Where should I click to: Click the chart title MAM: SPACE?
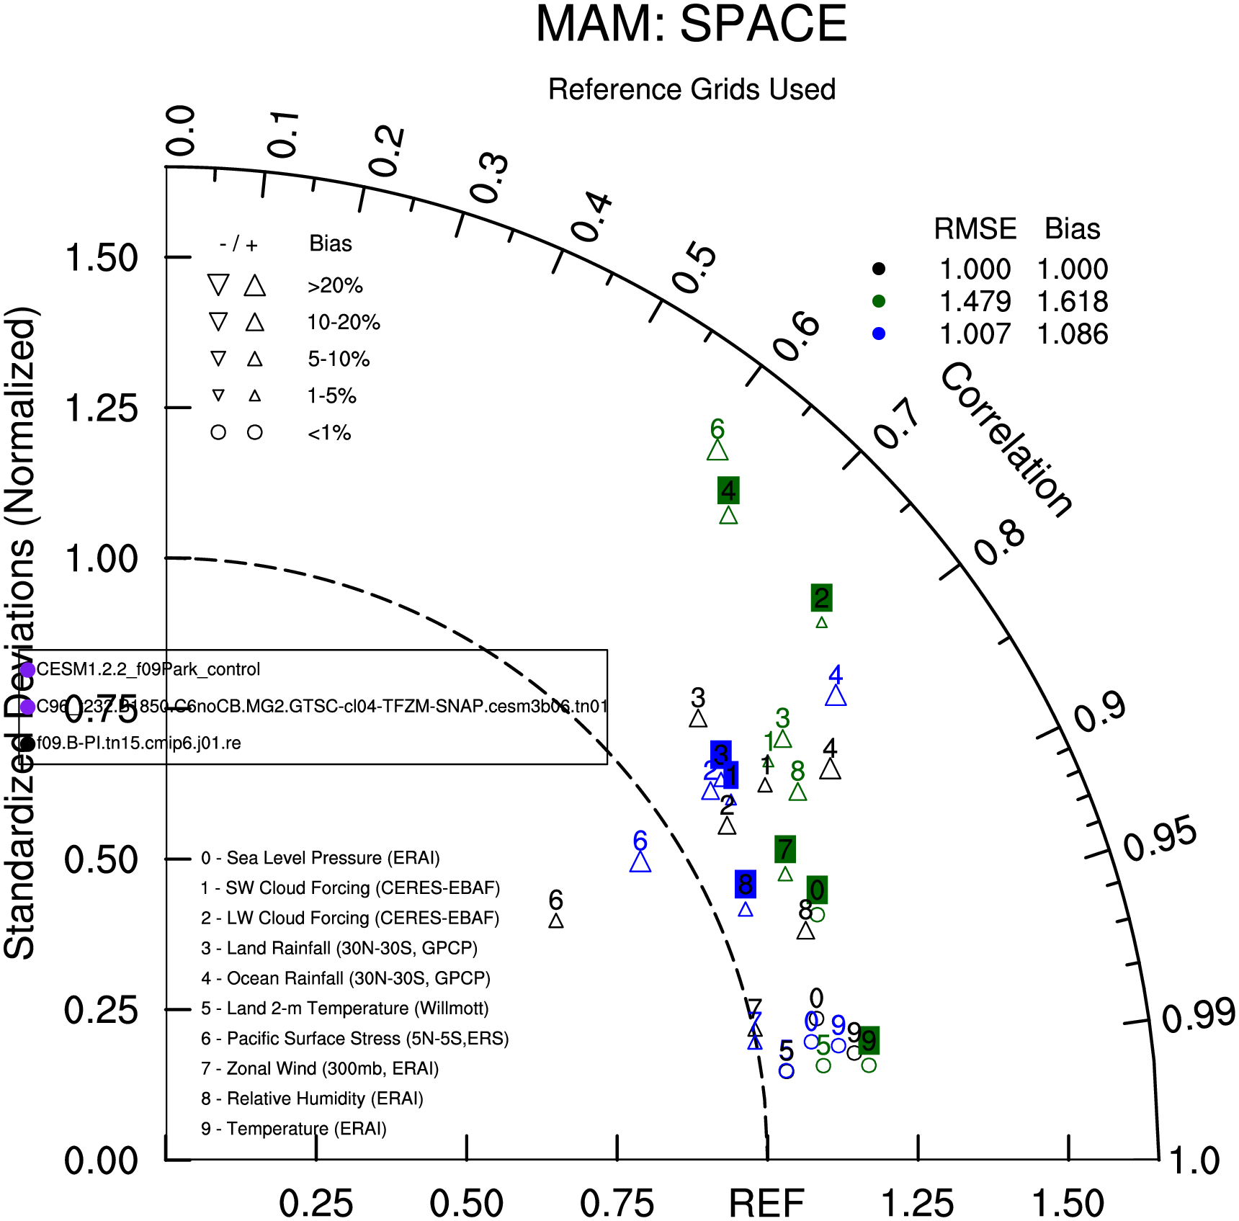(x=691, y=24)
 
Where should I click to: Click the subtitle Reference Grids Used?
(x=692, y=89)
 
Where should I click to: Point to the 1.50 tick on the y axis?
(x=102, y=258)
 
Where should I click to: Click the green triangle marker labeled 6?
(x=717, y=450)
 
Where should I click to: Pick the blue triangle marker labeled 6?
(x=640, y=862)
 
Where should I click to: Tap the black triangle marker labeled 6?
(x=556, y=921)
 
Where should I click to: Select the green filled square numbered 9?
(x=869, y=1040)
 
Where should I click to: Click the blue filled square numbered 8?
(x=746, y=884)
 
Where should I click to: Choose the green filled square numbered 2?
(x=821, y=598)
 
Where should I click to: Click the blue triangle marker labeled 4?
(x=836, y=695)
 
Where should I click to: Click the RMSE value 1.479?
(x=975, y=302)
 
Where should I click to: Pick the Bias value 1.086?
(x=1072, y=334)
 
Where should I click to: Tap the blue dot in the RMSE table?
(x=878, y=334)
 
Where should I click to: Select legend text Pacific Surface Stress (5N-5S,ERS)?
(x=355, y=1038)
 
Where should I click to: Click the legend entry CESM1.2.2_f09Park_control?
(x=148, y=669)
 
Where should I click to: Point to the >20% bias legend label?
(x=335, y=286)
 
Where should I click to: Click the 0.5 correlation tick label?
(x=696, y=269)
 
